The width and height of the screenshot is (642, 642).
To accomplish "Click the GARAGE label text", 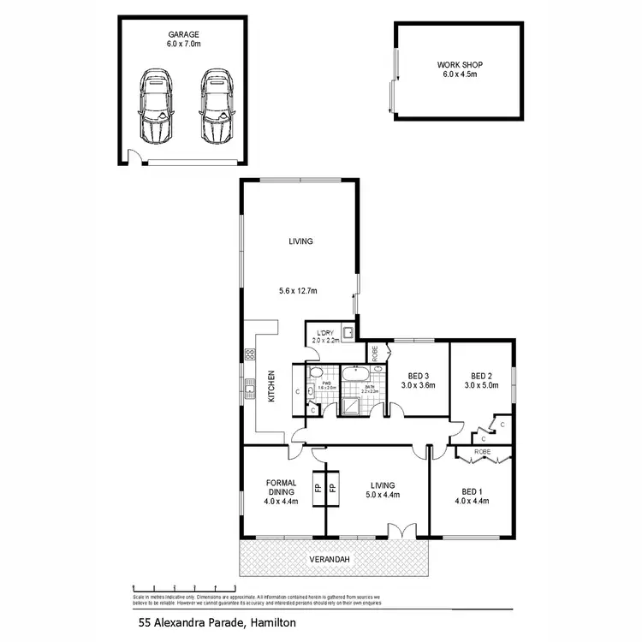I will tap(182, 35).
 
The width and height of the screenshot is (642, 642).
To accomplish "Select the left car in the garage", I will tap(155, 106).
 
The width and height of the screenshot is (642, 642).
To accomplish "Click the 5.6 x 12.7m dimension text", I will tap(298, 291).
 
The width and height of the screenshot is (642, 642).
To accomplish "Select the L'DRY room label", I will tap(324, 333).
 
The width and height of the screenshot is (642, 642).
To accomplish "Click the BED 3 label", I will tap(419, 376).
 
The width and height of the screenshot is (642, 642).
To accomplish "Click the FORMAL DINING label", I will tap(281, 487).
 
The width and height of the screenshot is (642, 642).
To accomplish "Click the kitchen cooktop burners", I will tap(251, 353).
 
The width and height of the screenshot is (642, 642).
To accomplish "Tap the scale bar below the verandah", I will tap(184, 587).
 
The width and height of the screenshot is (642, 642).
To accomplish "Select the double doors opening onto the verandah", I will tap(400, 531).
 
